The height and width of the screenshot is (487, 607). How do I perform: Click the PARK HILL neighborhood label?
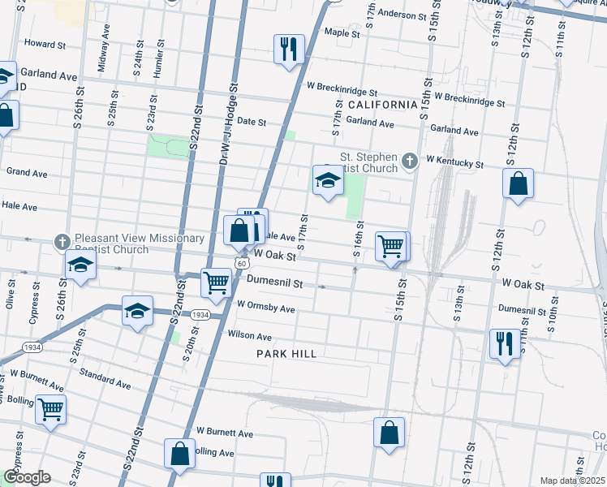click(x=286, y=354)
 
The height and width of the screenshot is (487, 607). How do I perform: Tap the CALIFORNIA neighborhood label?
click(x=381, y=106)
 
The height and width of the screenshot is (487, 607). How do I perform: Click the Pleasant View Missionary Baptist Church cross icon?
click(x=62, y=242)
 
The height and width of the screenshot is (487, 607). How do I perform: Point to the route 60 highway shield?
click(x=242, y=263)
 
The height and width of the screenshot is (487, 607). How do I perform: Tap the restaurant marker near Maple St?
click(x=289, y=50)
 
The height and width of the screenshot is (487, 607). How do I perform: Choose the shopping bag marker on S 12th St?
click(x=518, y=184)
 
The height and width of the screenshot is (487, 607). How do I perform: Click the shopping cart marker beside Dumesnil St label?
click(x=216, y=282)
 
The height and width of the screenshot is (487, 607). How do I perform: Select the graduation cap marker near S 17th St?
click(x=328, y=180)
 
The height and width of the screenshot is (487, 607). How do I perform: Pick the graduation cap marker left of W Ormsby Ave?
click(x=137, y=312)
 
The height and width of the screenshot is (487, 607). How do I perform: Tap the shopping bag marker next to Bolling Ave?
click(x=180, y=454)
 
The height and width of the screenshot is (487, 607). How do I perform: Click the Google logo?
click(x=27, y=477)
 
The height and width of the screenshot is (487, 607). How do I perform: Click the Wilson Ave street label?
click(x=250, y=336)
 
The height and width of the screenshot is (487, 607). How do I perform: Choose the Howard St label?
click(x=45, y=43)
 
